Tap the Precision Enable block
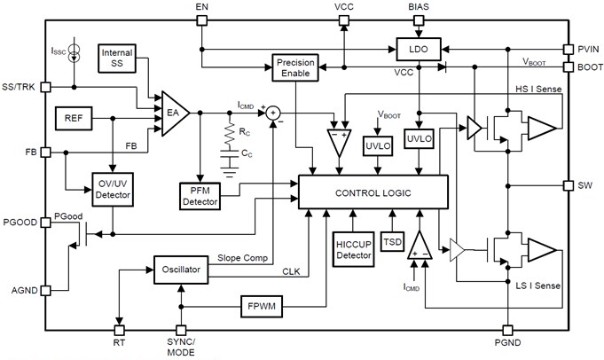pos(295,68)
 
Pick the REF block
pos(75,117)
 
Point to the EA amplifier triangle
pos(173,113)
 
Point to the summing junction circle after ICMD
pos(273,113)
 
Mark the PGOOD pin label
pos(20,222)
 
